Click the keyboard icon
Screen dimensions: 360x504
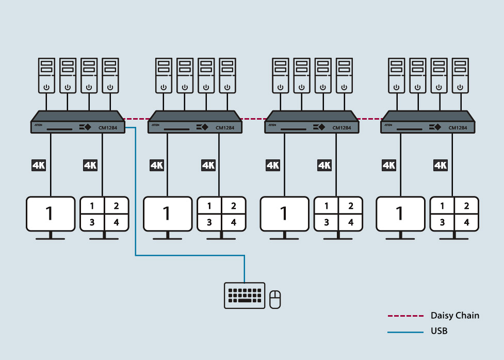pos(245,296)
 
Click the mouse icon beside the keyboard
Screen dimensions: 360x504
pos(275,300)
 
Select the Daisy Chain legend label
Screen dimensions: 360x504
pos(455,316)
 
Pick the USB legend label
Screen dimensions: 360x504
pos(438,331)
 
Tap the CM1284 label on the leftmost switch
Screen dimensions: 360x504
pos(108,128)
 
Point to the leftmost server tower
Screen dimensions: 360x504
pos(46,75)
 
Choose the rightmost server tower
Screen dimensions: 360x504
pos(461,75)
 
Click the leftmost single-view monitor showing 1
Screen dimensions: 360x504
pos(50,213)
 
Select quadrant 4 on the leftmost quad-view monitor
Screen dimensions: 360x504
pos(116,223)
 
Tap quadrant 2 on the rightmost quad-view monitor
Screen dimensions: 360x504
pos(467,206)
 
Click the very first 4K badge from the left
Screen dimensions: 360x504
pos(39,165)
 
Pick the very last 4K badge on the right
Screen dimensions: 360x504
pos(440,165)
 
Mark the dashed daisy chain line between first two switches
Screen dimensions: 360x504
pos(137,119)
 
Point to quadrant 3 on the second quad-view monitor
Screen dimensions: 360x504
pos(209,223)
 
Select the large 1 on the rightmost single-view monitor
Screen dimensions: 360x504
pos(399,213)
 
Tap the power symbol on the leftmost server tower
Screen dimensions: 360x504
pos(46,87)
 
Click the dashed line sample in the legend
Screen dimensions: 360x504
pos(405,316)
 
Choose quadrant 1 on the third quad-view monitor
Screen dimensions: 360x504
pos(326,206)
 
